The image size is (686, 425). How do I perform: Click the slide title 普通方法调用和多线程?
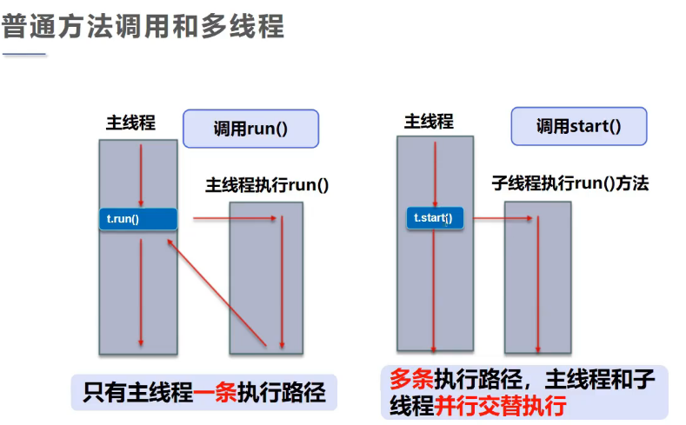tap(143, 25)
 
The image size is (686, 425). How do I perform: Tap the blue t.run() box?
tap(138, 219)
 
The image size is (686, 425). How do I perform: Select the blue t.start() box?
tap(435, 218)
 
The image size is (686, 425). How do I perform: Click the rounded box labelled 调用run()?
tap(250, 129)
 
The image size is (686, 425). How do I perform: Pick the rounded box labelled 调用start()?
tap(578, 126)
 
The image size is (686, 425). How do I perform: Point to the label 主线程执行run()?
tap(267, 185)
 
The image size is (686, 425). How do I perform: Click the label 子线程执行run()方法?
tap(570, 183)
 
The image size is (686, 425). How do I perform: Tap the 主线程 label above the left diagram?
tap(130, 123)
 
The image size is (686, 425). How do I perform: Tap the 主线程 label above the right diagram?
tap(429, 122)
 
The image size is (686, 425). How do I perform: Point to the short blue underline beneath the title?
tap(23, 55)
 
